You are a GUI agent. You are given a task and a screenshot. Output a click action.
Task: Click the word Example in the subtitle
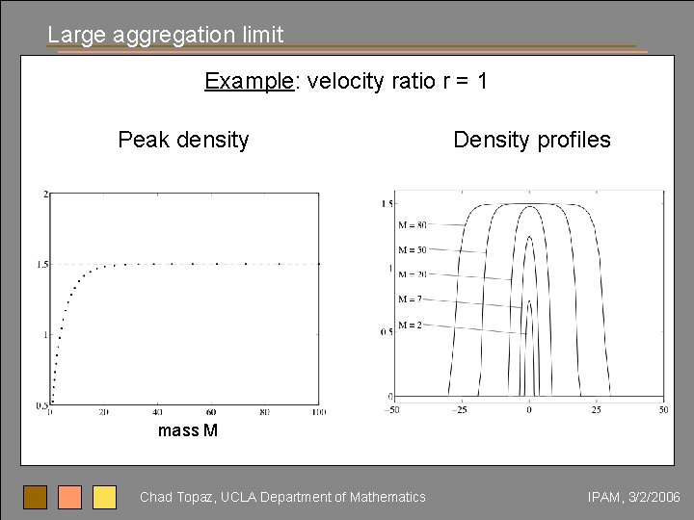249,81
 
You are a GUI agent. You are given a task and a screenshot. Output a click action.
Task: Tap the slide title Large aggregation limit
166,35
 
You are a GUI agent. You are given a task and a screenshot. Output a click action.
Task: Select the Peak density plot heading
183,140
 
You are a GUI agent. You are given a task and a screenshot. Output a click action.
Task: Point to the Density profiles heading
532,140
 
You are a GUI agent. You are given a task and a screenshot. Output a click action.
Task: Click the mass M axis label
188,430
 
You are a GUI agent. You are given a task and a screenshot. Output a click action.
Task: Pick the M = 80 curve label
413,225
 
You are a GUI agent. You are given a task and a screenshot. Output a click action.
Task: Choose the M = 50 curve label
413,250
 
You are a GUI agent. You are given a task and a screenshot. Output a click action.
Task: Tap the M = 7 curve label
411,299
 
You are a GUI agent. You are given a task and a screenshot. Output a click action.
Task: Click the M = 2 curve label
411,325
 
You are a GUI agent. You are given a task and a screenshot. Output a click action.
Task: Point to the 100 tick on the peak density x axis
319,412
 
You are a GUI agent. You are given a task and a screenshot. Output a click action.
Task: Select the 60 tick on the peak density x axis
211,412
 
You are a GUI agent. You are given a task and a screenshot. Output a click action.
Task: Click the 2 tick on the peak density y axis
45,195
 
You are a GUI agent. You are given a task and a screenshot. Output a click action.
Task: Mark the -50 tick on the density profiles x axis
392,410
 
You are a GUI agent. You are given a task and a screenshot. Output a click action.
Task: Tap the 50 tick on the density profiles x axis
663,410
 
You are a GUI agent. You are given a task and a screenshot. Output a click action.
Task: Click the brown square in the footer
36,497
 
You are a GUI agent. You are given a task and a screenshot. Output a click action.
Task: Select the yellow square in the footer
104,497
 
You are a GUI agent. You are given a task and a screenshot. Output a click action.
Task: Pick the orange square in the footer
69,497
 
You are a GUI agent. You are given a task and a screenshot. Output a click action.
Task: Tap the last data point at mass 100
318,264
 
